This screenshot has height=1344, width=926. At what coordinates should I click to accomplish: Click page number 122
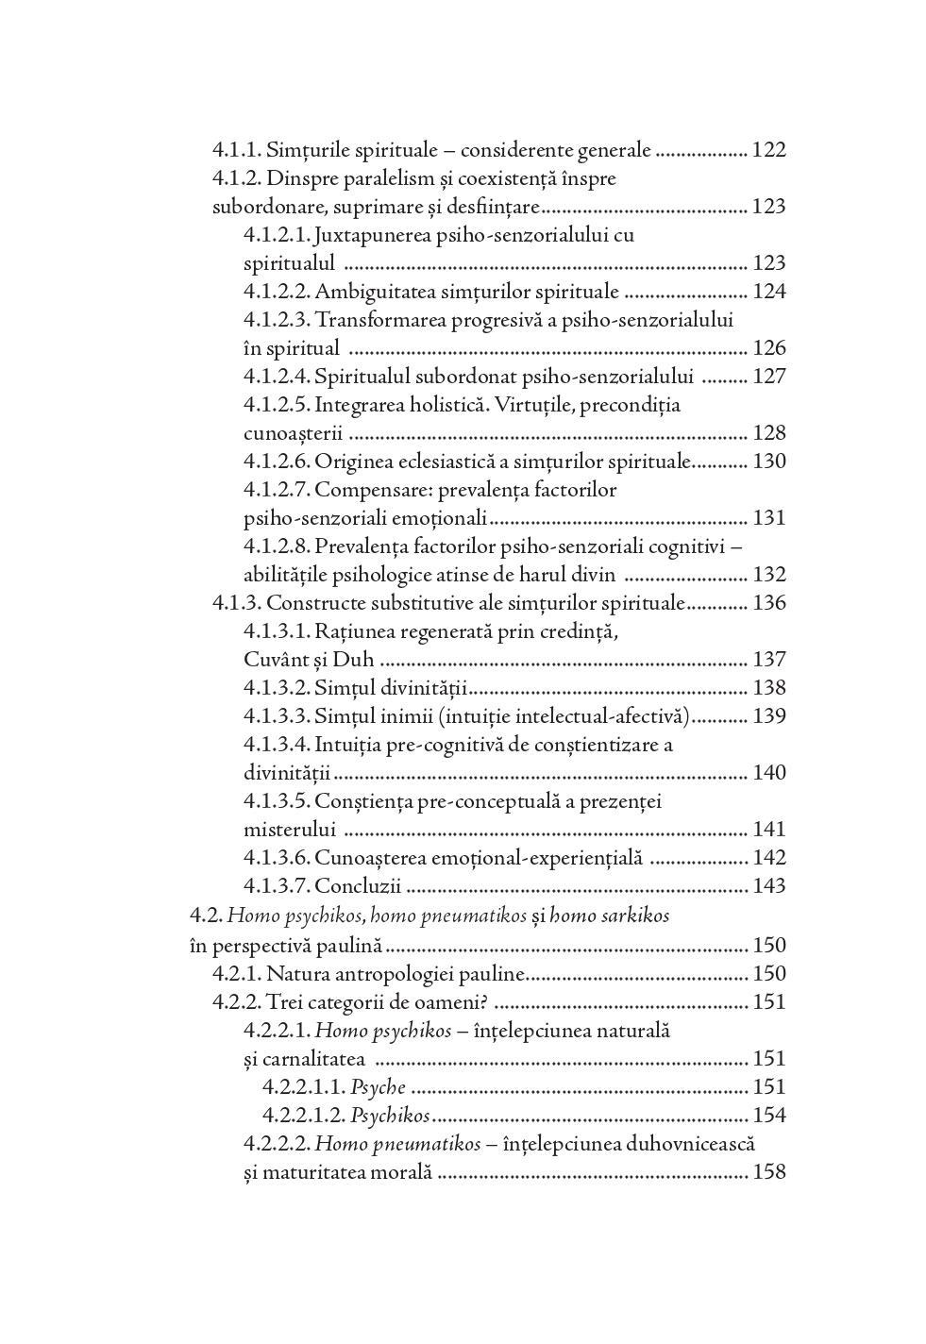[768, 150]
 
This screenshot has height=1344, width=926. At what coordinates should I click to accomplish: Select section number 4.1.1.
[236, 150]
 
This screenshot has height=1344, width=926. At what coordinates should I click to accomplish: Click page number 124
[768, 292]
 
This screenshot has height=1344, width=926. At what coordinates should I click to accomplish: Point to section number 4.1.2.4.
[276, 377]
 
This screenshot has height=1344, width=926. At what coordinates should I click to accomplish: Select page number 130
[768, 462]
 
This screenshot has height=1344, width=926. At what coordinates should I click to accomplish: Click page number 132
[768, 575]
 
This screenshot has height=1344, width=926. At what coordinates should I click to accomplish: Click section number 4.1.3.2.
[276, 688]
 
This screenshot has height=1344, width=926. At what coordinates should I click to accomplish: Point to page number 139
[768, 716]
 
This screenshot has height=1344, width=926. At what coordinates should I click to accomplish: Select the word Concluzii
[358, 886]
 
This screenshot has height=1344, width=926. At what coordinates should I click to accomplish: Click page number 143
[768, 886]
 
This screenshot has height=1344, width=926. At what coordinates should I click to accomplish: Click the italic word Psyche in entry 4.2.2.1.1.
[378, 1087]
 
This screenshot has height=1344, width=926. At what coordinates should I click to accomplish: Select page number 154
[768, 1116]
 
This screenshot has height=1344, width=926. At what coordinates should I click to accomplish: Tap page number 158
[768, 1173]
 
